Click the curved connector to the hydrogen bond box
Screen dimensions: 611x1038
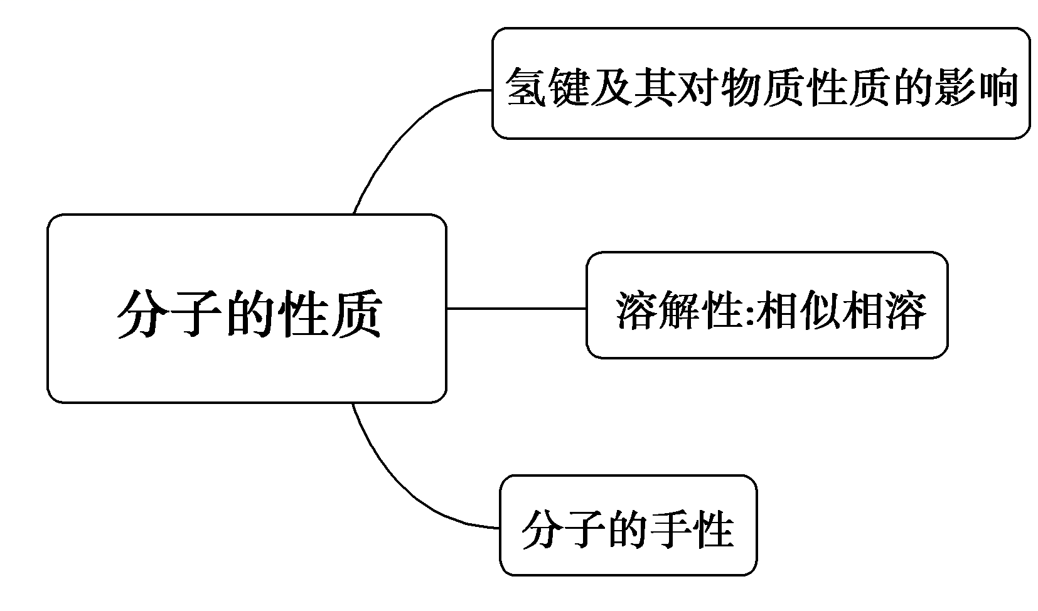click(x=402, y=135)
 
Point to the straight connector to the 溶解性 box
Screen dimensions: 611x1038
click(x=516, y=309)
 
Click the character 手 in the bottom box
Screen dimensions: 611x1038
click(x=671, y=530)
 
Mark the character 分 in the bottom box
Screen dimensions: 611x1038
click(x=542, y=530)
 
